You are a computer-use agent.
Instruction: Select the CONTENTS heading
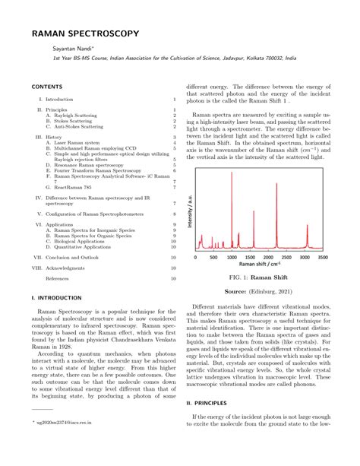coord(45,87)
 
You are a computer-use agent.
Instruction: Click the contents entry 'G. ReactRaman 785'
coord(68,186)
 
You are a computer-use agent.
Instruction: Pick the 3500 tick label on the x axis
coord(322,257)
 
